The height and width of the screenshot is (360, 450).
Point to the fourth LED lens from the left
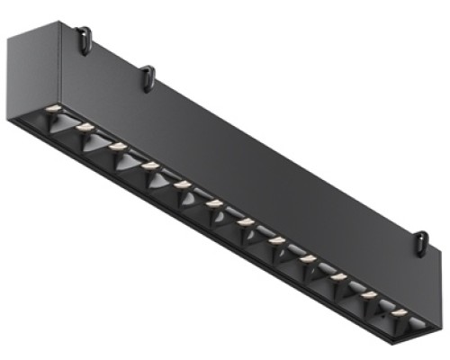click(x=150, y=165)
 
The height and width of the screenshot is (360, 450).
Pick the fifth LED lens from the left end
click(x=183, y=184)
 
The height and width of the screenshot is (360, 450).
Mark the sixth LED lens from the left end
click(x=214, y=203)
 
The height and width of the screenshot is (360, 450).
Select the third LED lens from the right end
click(x=338, y=277)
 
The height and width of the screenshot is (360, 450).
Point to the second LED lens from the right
click(x=369, y=295)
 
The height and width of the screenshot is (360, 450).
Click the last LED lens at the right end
click(x=399, y=312)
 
